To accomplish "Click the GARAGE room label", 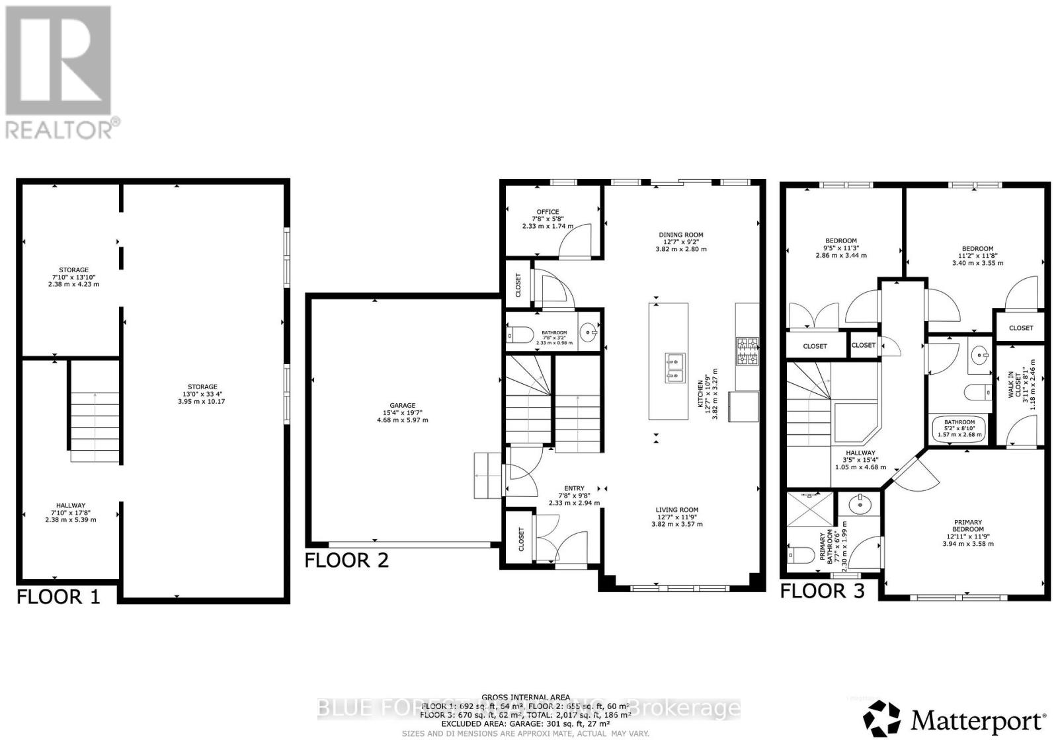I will coord(402,406).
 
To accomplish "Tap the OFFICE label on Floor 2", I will coord(548,212).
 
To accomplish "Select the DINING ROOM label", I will coord(680,235).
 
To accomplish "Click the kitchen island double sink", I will coord(674,368).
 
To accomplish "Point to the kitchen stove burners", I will coord(748,352).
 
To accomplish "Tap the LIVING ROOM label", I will coord(676,509).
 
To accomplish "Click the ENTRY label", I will coord(574,488).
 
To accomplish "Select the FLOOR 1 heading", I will coord(58,597).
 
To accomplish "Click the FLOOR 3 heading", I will coord(822,591).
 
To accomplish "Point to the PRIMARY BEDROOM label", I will coord(967,526).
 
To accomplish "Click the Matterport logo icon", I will coord(882,718).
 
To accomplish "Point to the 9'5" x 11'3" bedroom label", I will coord(840,241).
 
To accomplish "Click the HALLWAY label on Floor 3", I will coord(860,453).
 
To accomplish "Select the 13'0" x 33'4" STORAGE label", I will coord(202,387).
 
